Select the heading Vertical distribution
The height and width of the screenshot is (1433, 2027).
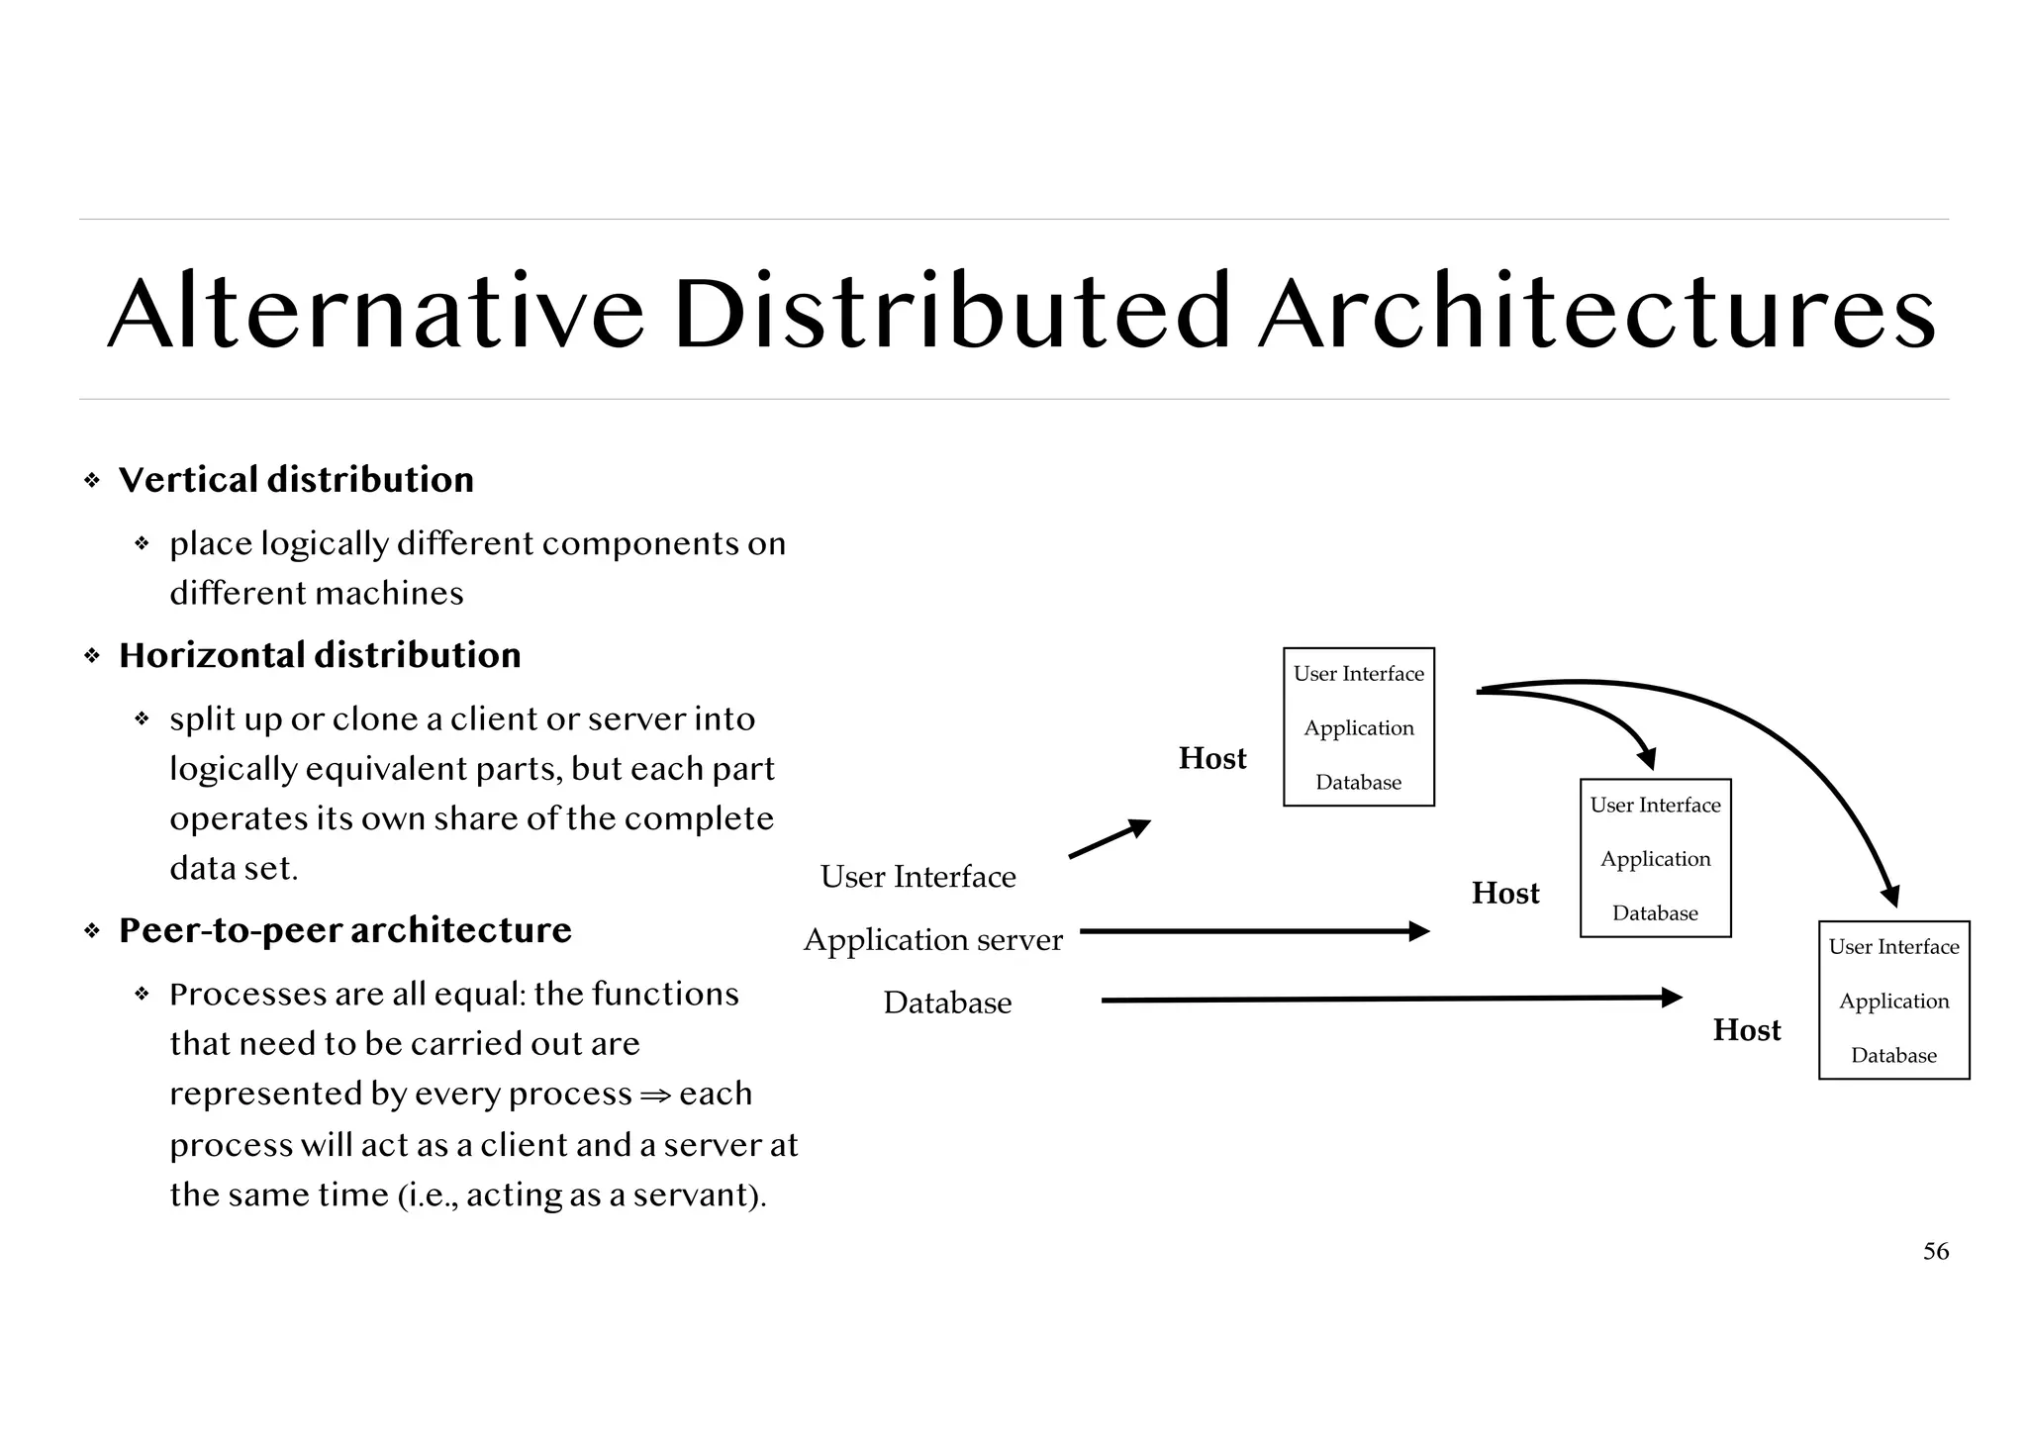(x=296, y=480)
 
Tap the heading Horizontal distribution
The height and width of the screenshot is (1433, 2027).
(x=320, y=655)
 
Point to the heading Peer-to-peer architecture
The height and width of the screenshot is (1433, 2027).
(x=344, y=930)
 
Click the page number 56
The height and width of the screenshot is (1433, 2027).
(x=1936, y=1252)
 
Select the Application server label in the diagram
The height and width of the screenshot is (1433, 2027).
(x=932, y=939)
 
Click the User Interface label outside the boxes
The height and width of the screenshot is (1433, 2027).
(x=917, y=877)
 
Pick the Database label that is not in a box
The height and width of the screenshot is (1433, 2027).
(x=947, y=1003)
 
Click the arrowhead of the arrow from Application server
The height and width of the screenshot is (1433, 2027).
(x=1420, y=931)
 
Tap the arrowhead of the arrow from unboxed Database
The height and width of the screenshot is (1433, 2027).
(x=1673, y=998)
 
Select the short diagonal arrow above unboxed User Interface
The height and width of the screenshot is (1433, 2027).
(x=1109, y=839)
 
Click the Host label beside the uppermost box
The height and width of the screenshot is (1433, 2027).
(x=1212, y=759)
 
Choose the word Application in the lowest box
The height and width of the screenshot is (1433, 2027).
(x=1893, y=1001)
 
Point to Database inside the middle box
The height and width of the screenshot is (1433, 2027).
(x=1655, y=912)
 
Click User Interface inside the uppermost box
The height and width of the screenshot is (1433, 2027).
(x=1358, y=674)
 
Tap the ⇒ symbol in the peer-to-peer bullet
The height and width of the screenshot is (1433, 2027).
(x=655, y=1096)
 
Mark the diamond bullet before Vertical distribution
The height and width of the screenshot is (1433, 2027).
(x=92, y=481)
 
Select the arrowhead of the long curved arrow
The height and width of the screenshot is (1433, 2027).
(x=1890, y=897)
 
